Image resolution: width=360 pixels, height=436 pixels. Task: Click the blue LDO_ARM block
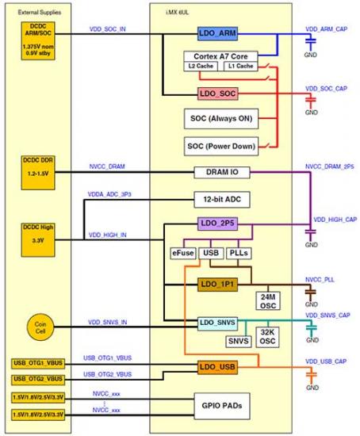217,33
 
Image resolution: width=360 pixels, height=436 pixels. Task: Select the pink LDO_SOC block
217,94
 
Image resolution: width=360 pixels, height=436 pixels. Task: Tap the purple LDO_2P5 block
217,224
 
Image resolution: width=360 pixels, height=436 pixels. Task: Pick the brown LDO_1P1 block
217,284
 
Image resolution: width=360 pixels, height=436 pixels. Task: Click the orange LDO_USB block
217,367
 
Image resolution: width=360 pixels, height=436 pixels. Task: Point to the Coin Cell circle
40,327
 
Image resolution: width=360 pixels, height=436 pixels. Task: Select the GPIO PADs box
222,406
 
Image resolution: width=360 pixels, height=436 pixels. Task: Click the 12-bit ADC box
222,199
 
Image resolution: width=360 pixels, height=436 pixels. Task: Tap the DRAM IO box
222,172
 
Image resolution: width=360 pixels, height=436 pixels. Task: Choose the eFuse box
183,254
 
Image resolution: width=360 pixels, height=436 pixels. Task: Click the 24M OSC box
268,301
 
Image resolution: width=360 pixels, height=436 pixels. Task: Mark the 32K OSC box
267,337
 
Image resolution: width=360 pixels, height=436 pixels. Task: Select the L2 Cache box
201,66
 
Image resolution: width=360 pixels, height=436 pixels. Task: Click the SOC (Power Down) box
221,147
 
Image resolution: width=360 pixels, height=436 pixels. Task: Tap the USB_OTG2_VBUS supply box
38,379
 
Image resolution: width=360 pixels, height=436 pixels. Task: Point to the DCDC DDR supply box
38,173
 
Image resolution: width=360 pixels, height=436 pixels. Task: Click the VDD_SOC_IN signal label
107,29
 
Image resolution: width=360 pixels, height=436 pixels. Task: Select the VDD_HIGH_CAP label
335,220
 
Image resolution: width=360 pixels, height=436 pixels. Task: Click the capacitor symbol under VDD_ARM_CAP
311,41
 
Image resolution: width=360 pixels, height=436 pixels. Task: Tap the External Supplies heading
40,12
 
